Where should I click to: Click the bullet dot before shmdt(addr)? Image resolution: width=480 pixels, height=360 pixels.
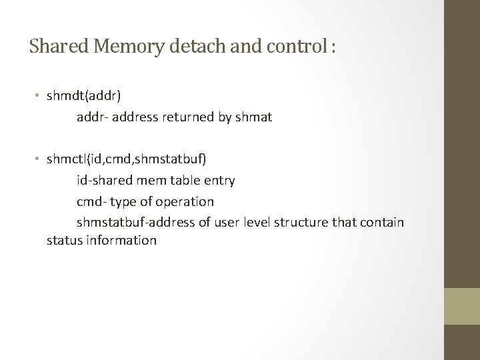(39, 97)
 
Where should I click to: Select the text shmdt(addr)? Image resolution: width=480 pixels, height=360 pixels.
(83, 97)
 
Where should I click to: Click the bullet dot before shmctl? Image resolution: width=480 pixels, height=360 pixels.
(39, 159)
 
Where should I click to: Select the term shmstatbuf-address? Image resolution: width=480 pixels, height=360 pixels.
(132, 221)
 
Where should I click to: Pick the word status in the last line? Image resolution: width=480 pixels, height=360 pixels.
(64, 240)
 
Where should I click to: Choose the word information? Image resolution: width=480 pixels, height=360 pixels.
(121, 240)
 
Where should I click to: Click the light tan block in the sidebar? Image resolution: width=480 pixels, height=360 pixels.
(461, 307)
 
